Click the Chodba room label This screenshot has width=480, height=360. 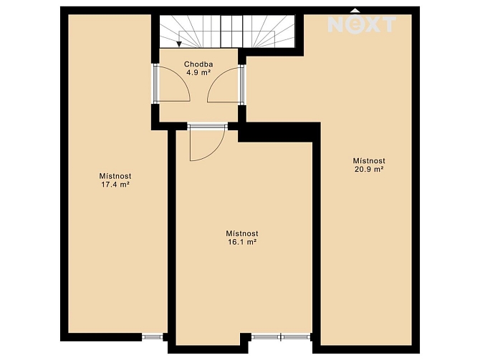tap(198, 64)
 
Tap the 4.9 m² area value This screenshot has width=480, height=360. tap(198, 72)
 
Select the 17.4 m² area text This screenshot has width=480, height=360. tap(115, 185)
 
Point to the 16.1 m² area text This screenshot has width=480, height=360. tap(242, 242)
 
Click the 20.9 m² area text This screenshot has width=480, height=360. tap(369, 169)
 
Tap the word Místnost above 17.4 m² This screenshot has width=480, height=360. tap(115, 176)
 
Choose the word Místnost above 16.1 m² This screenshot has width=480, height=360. tap(242, 234)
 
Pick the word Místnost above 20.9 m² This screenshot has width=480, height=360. tap(369, 161)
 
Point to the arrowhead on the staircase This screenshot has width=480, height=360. tap(179, 44)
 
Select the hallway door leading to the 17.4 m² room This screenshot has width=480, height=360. tap(173, 84)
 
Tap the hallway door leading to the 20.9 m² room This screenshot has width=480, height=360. tap(226, 84)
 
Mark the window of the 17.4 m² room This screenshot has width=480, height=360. tap(152, 337)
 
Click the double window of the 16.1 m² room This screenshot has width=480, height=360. tap(281, 337)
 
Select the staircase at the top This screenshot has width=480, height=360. tap(227, 31)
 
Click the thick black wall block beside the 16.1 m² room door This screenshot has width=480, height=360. tap(279, 132)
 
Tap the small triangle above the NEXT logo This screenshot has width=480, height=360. tap(355, 11)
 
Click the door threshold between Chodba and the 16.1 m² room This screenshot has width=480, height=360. tap(208, 126)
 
